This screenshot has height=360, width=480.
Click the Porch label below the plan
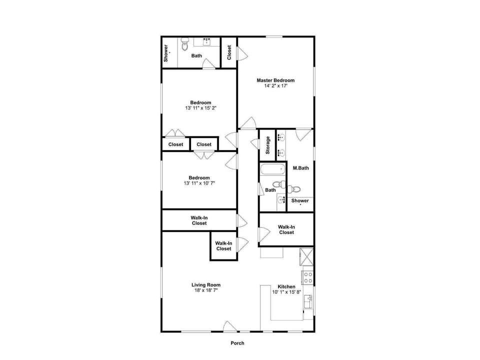click(x=237, y=343)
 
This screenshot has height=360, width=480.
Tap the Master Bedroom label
click(x=275, y=80)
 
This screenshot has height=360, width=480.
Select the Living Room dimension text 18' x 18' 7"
click(x=206, y=290)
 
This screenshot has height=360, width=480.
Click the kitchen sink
click(x=308, y=301)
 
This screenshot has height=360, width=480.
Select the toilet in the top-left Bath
click(x=184, y=44)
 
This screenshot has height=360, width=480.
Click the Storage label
click(x=268, y=145)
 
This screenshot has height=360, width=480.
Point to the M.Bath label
click(x=300, y=168)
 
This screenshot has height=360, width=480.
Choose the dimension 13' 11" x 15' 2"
click(x=200, y=108)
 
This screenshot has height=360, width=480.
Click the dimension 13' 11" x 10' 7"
click(x=199, y=183)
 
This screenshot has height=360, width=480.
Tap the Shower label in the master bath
click(x=300, y=201)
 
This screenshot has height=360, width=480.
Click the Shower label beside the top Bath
click(x=166, y=53)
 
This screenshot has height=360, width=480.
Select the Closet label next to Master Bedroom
click(x=229, y=52)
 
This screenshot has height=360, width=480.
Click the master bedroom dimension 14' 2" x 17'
click(x=275, y=86)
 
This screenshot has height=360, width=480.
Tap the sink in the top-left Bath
click(x=206, y=41)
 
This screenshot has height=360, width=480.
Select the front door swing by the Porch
click(x=229, y=326)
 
